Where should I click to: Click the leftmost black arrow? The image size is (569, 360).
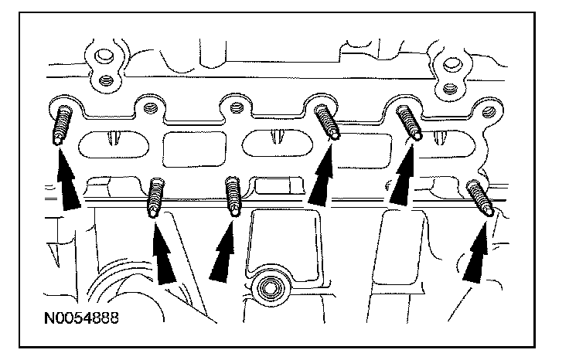68,179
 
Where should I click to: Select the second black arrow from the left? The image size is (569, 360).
165,255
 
